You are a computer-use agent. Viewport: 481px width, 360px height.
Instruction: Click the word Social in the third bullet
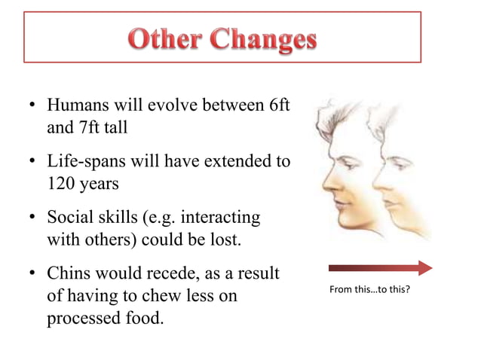pos(69,218)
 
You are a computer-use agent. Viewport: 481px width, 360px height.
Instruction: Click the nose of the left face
pos(322,182)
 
